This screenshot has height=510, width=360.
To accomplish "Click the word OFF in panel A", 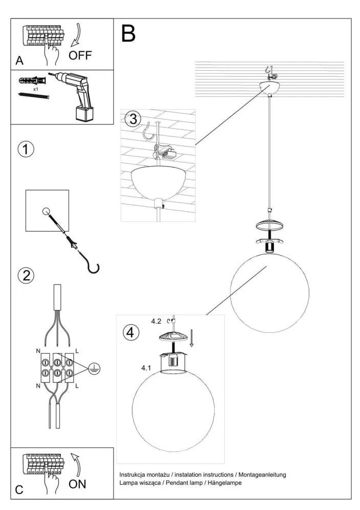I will point(80,55).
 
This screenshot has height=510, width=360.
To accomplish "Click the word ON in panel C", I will point(77,483).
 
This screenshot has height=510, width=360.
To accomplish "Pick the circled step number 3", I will point(132,119).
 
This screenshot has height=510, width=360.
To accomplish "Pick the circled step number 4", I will point(131,332).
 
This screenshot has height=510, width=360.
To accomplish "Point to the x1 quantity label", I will point(35,89).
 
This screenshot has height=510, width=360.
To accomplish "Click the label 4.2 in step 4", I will point(156,321).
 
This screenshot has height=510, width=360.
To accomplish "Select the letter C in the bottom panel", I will point(19,489).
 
